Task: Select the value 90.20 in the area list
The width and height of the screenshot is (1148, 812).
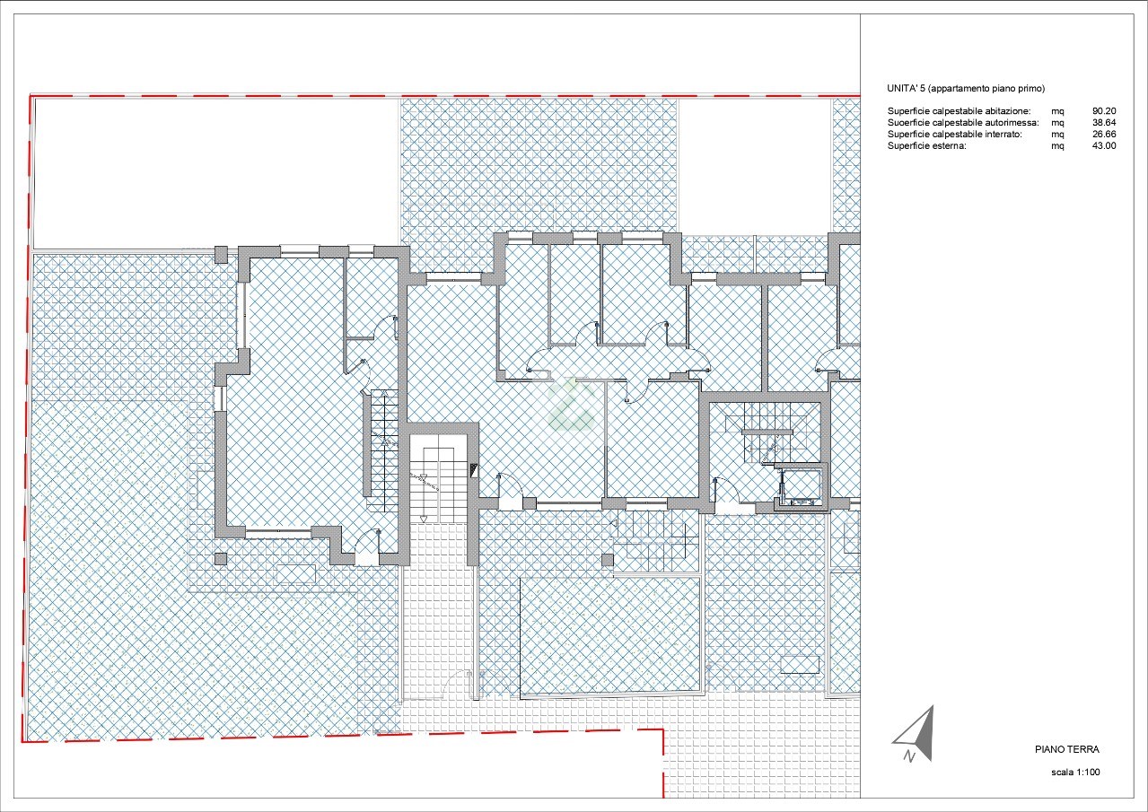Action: point(1104,111)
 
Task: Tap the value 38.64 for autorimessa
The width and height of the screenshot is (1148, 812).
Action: point(1104,123)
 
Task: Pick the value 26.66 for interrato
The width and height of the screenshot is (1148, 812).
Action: point(1104,135)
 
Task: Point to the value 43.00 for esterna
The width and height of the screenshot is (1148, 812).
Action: point(1104,146)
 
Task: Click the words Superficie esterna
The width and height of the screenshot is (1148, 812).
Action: point(927,146)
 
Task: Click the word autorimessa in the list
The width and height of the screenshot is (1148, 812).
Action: point(1012,123)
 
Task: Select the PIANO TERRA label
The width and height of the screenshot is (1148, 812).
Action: point(1067,749)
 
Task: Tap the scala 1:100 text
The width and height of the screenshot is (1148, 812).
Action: point(1075,772)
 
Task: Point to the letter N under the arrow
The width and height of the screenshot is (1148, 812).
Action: point(909,756)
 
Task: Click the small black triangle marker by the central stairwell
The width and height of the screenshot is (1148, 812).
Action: point(474,470)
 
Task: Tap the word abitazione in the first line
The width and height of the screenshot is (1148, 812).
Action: point(1007,111)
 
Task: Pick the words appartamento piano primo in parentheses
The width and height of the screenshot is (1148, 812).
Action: point(986,89)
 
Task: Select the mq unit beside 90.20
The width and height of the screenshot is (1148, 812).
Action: point(1058,111)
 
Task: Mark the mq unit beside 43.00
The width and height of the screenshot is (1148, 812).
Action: point(1058,146)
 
